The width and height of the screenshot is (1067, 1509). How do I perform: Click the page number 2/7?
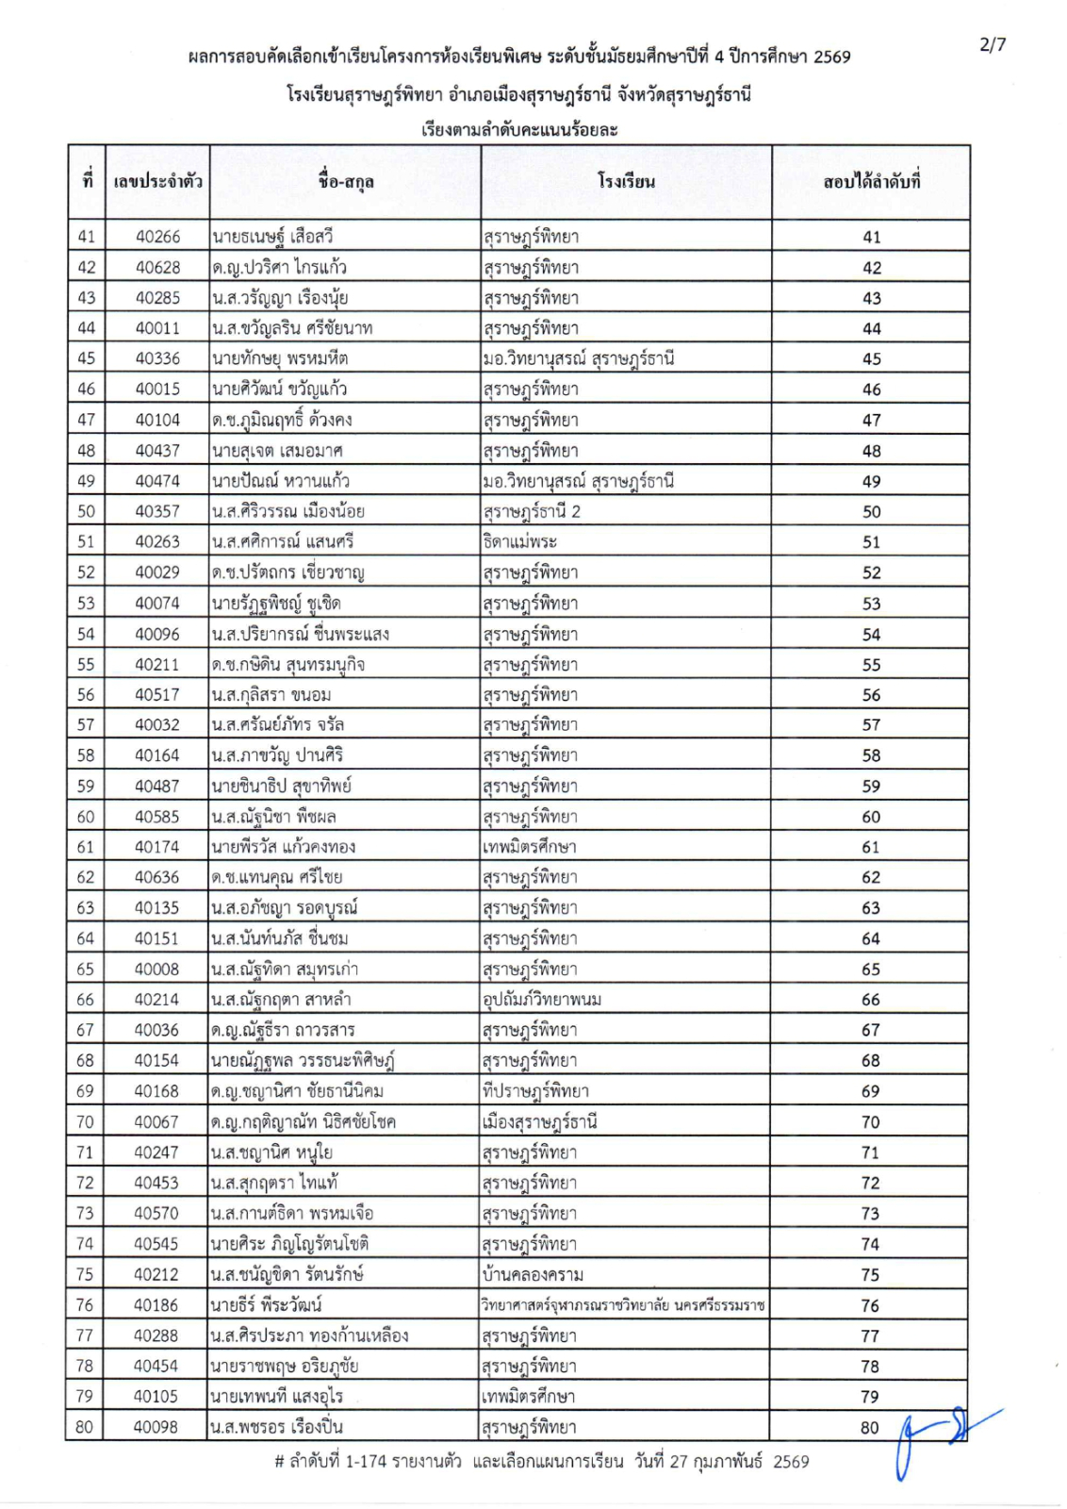click(993, 44)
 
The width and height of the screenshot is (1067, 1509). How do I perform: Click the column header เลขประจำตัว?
click(157, 182)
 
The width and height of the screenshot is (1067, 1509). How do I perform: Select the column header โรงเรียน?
click(626, 181)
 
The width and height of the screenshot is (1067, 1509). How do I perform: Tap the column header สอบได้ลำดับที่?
click(871, 182)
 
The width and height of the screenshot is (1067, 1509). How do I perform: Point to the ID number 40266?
click(157, 237)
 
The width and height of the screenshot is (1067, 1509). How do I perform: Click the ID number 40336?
click(157, 358)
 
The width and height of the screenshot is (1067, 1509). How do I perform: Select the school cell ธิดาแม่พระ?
click(519, 542)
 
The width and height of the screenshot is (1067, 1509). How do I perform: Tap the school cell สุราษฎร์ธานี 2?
click(532, 511)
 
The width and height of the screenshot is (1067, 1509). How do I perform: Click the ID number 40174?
click(156, 847)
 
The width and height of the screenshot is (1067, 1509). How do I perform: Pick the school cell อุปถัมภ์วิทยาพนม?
click(542, 1000)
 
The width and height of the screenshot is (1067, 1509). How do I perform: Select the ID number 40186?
click(156, 1305)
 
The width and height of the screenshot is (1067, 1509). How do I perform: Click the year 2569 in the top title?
click(831, 57)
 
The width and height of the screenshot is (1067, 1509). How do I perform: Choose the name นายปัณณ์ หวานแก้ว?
click(281, 481)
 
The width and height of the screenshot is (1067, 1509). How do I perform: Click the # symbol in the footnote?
click(279, 1463)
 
